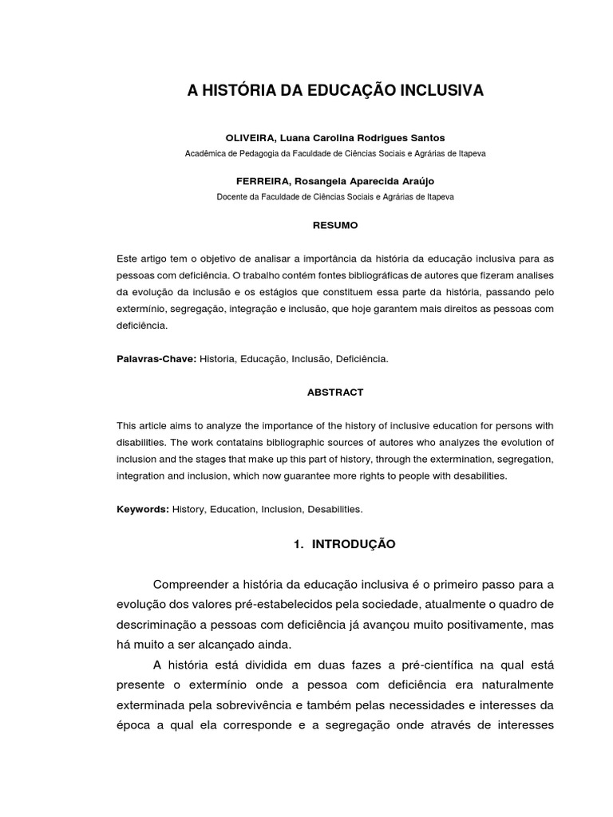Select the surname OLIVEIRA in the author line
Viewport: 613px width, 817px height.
250,138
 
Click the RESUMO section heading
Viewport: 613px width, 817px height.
335,226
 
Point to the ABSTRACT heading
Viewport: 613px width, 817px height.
335,392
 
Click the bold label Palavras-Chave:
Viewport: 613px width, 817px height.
156,359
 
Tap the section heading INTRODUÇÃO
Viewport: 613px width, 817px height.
354,544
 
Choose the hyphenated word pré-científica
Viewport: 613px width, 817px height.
446,665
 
